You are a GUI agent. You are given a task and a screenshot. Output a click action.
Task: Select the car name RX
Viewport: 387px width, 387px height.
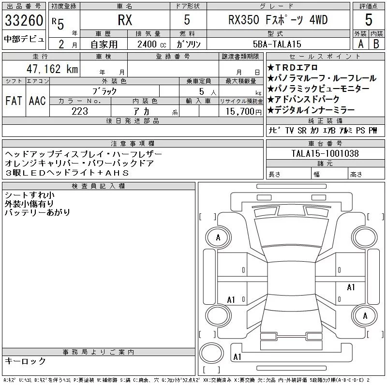click(125, 21)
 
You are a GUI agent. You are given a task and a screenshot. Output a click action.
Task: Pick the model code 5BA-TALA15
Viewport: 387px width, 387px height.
click(278, 44)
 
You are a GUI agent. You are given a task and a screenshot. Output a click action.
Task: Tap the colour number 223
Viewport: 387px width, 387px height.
click(80, 111)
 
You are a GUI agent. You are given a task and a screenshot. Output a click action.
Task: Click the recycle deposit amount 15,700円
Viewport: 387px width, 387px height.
click(240, 111)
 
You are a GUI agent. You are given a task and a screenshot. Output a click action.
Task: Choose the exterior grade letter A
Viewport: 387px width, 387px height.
click(360, 44)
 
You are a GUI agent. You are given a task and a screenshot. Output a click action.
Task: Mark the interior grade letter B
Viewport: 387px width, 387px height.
click(376, 44)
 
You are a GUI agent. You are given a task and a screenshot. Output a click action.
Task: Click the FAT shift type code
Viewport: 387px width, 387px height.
click(14, 101)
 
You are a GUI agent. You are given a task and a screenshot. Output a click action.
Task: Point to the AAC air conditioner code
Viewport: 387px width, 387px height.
click(37, 101)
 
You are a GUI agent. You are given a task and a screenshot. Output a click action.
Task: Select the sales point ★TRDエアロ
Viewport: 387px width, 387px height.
click(292, 67)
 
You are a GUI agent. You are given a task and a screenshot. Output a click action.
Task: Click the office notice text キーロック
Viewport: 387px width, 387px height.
click(26, 361)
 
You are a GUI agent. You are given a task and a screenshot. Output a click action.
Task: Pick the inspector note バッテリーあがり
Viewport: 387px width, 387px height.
click(37, 212)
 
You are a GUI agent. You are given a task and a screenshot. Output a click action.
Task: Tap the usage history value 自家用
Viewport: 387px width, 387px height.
click(105, 44)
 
